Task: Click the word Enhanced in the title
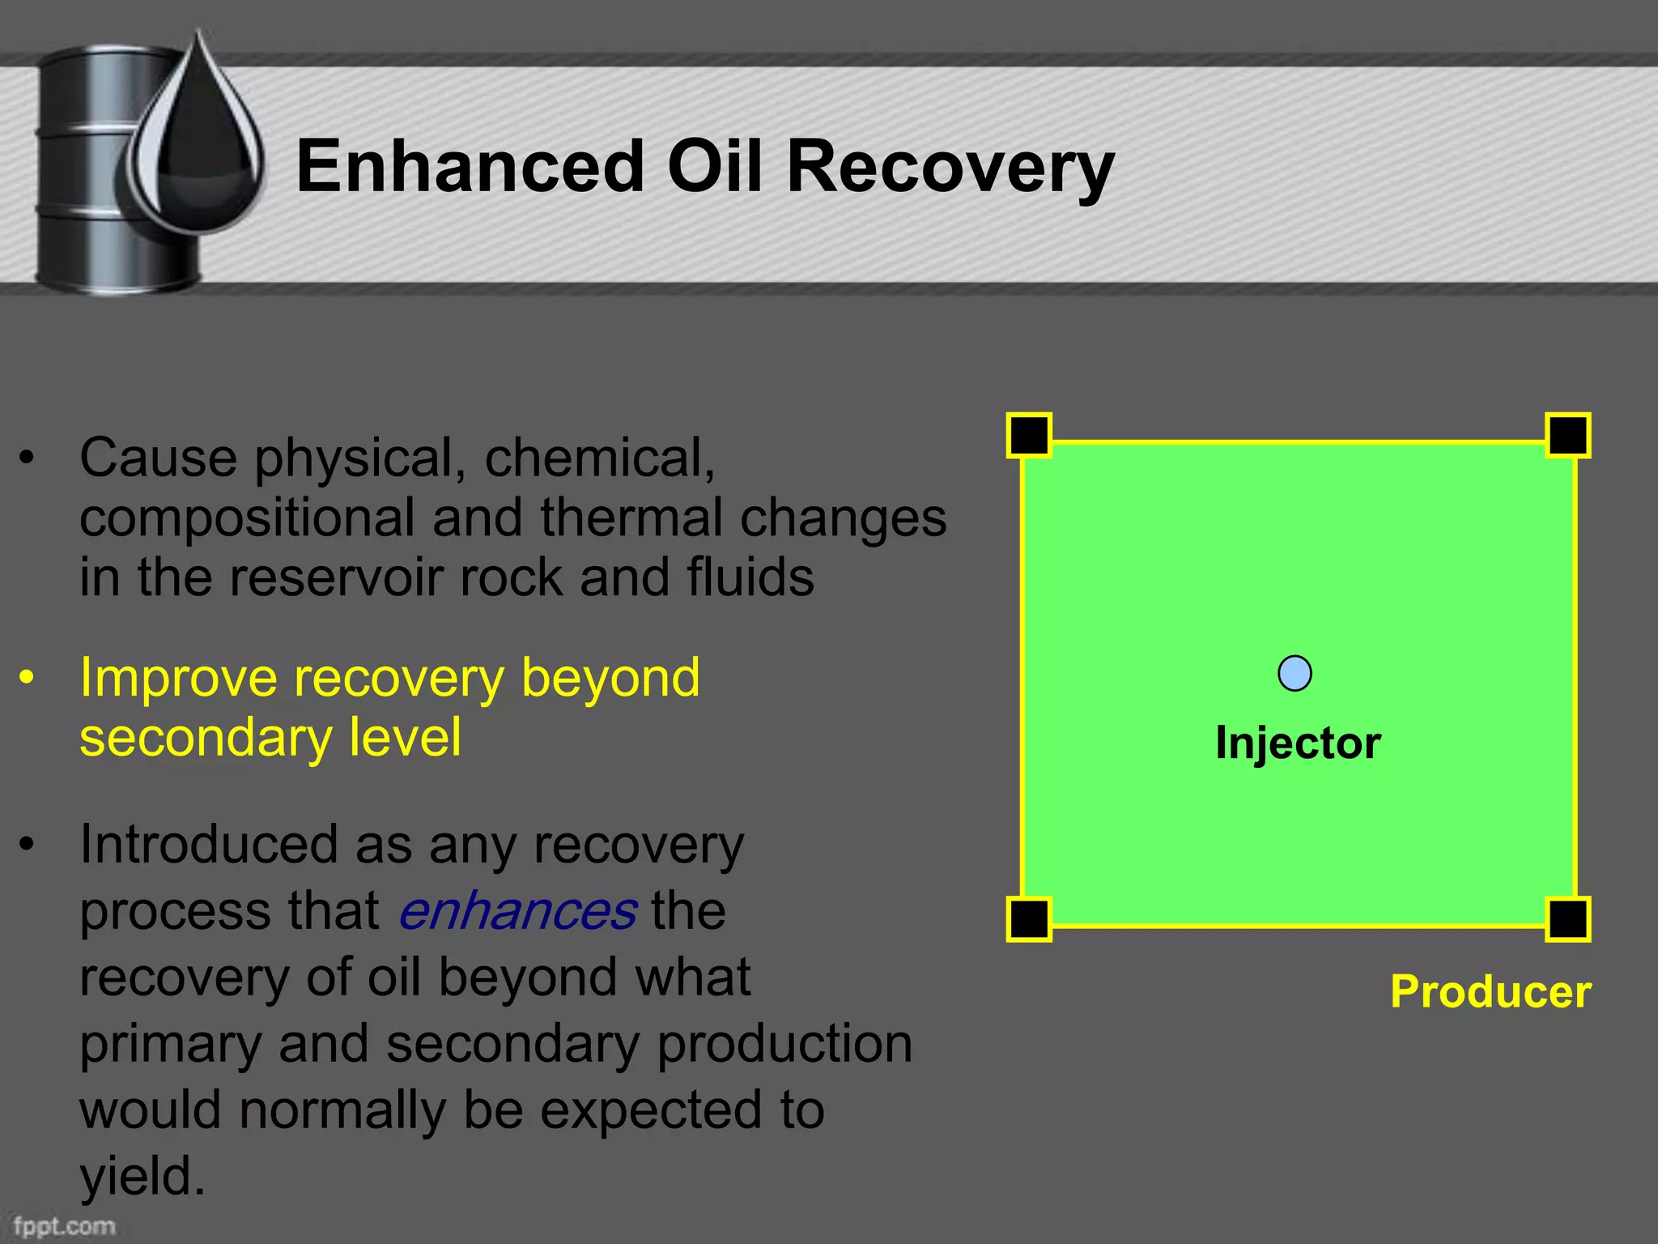[470, 166]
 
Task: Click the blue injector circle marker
[1295, 673]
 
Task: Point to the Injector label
[1298, 743]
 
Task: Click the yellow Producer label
[1490, 991]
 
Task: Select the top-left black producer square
[1029, 436]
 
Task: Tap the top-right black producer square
[1568, 436]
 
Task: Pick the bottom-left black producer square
[1029, 919]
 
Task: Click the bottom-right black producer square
[1568, 919]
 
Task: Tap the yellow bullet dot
[28, 677]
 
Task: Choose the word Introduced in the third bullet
[208, 845]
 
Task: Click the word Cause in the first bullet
[158, 458]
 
